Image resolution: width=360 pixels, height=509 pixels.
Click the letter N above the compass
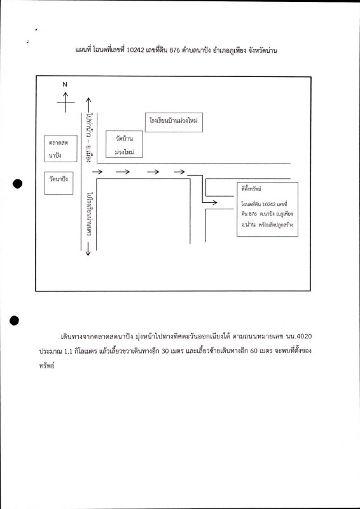[x=65, y=84]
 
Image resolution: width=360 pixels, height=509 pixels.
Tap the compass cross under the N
[x=65, y=102]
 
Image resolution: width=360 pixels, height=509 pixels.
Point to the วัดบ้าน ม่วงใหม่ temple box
[x=124, y=144]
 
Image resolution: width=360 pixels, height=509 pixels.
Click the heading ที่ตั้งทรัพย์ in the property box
[x=253, y=188]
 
